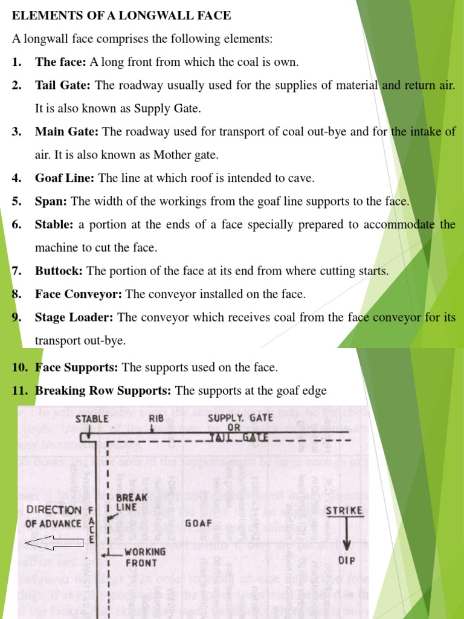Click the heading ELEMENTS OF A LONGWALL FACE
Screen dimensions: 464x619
click(121, 16)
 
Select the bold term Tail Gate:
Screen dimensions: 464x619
click(63, 85)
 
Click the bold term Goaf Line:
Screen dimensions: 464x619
click(65, 178)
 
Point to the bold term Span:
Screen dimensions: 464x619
click(51, 201)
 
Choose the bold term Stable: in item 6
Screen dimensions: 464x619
click(54, 224)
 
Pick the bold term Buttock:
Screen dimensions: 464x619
click(58, 271)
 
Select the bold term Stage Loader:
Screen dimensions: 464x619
click(75, 317)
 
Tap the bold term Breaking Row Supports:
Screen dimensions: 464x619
click(103, 391)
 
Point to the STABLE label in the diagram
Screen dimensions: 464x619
click(92, 418)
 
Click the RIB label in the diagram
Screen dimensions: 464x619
click(156, 418)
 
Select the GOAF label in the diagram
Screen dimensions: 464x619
click(198, 523)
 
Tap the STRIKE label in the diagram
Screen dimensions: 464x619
click(344, 511)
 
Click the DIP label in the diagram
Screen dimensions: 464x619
click(347, 560)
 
